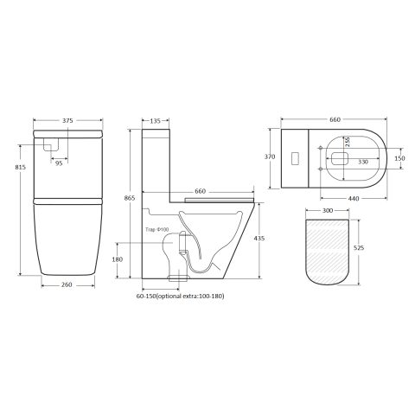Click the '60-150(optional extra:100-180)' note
point(181,295)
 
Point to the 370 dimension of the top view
point(269,159)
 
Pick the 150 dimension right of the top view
point(399,158)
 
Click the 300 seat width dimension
point(329,210)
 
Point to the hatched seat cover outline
point(329,251)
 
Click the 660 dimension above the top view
point(329,121)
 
